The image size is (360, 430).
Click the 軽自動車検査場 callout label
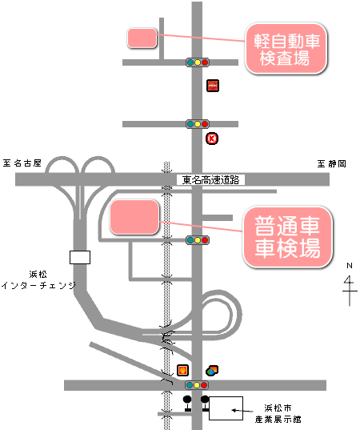(x=286, y=49)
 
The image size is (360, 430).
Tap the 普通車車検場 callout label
(x=287, y=237)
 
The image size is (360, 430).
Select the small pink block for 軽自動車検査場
(x=142, y=38)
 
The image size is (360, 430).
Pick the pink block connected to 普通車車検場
(x=134, y=217)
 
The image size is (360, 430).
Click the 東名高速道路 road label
(x=210, y=180)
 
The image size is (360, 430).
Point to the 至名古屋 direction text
(x=22, y=163)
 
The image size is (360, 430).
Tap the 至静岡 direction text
(x=332, y=163)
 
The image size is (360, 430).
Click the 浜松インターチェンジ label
(x=38, y=280)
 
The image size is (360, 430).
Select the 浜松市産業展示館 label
(x=278, y=413)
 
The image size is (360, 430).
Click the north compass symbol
(x=350, y=284)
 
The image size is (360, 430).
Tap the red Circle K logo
(x=212, y=139)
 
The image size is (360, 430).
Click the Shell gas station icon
(x=182, y=370)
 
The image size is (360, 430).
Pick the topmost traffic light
(x=198, y=62)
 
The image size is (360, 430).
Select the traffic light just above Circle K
(x=198, y=124)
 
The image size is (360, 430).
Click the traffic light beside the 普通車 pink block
(x=198, y=240)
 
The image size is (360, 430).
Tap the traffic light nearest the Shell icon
(x=197, y=385)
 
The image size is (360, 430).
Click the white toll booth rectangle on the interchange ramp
(x=80, y=257)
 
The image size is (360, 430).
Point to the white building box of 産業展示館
(x=226, y=408)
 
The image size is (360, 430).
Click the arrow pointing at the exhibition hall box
(x=242, y=411)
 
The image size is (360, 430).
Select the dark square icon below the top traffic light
(x=213, y=86)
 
